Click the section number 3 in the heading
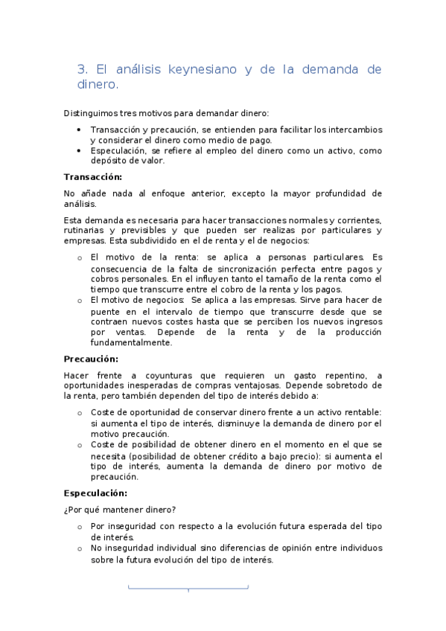pos(81,70)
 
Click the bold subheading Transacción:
pos(92,176)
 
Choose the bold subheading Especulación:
pos(95,493)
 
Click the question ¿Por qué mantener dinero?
pos(119,510)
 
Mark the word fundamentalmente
pos(131,343)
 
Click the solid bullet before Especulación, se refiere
pos(80,150)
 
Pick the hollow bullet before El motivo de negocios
pos(80,300)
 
